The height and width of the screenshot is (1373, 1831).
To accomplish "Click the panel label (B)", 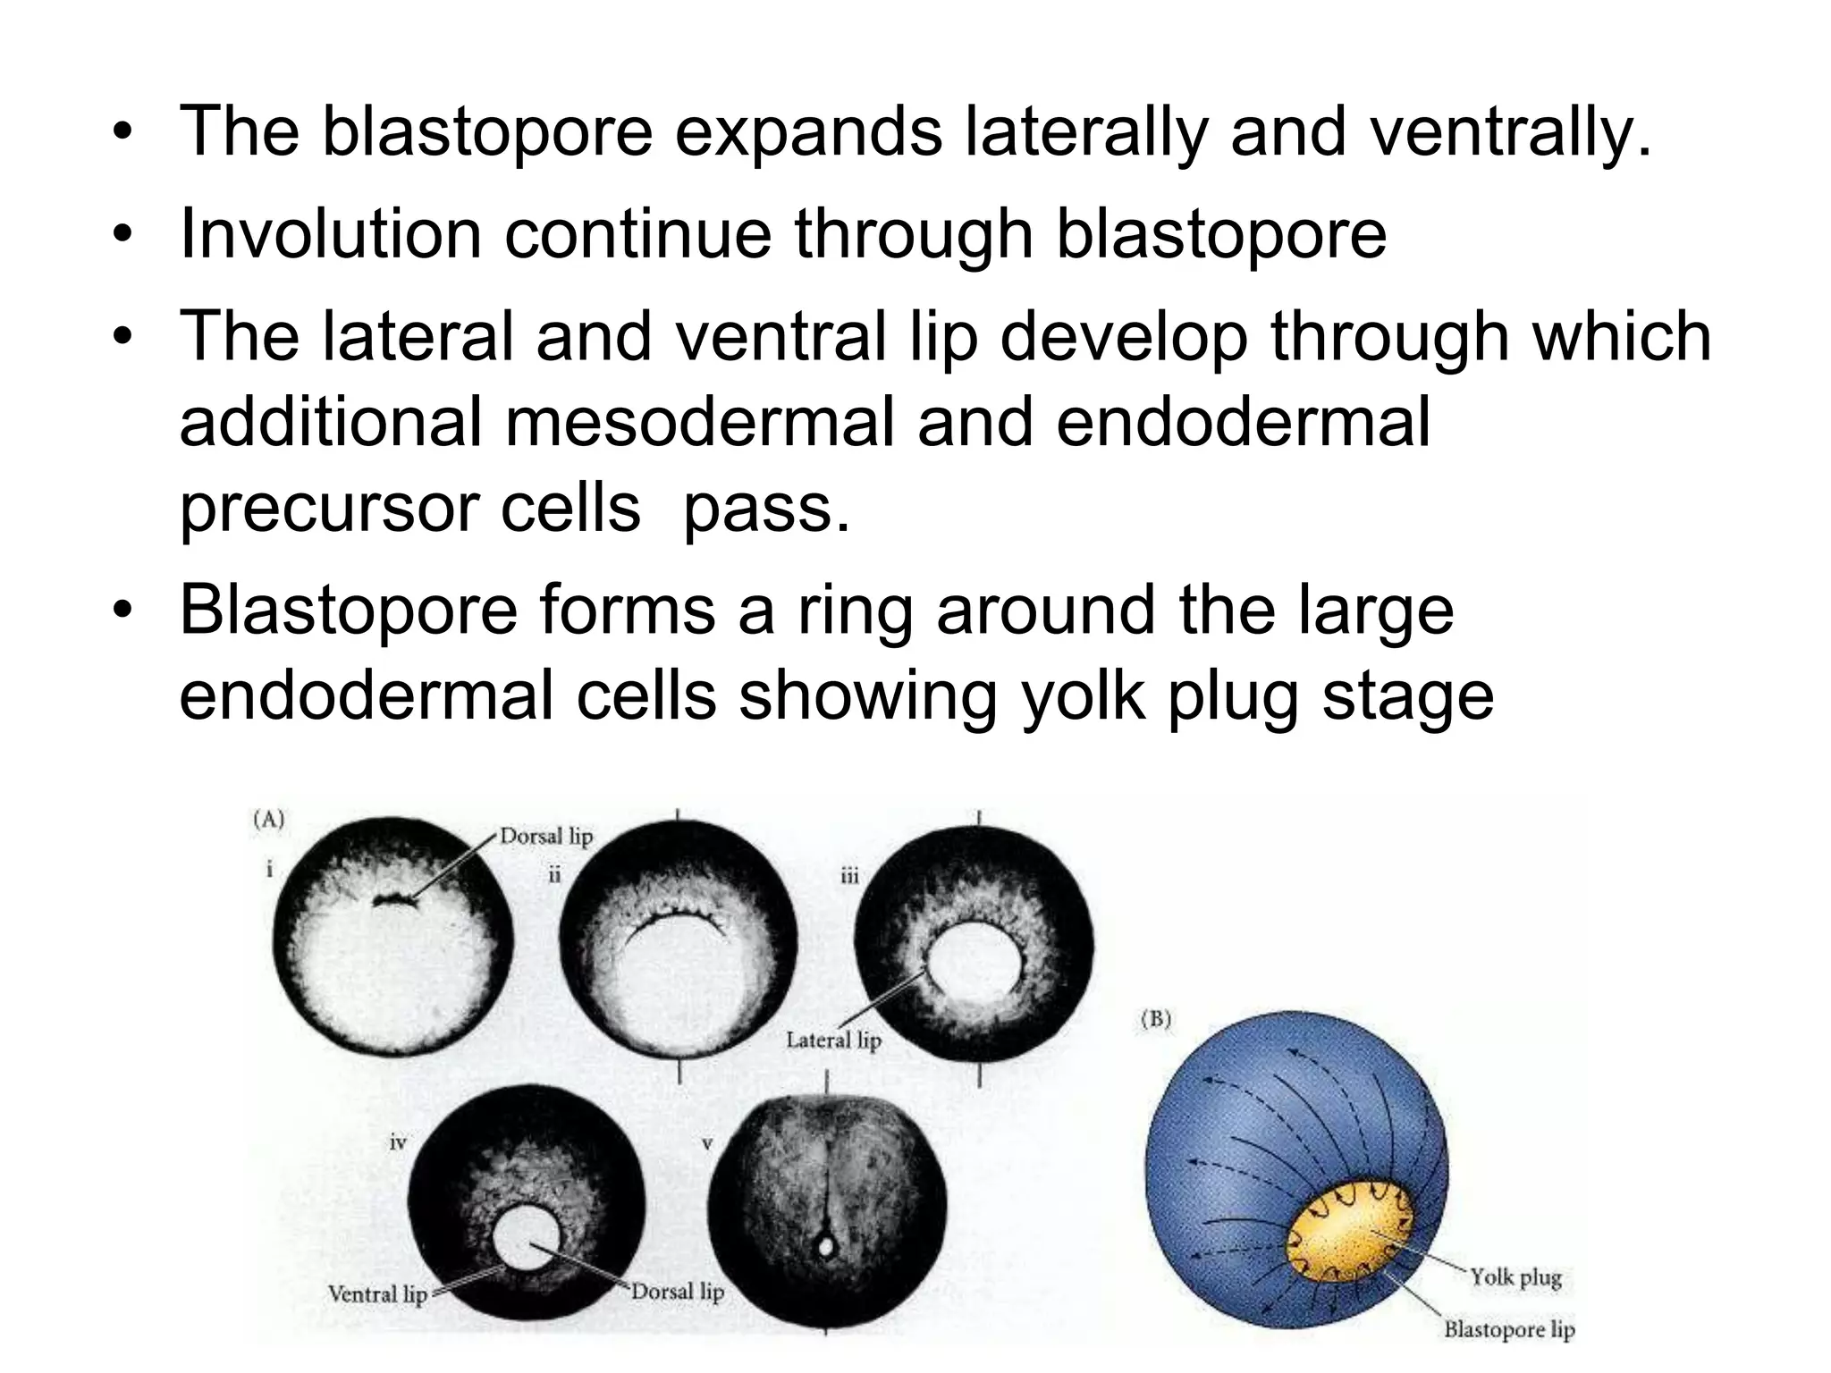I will (x=1156, y=1020).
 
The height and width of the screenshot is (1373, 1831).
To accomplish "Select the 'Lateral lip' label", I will (x=833, y=1040).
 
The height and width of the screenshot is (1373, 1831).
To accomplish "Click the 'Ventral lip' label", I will (x=377, y=1294).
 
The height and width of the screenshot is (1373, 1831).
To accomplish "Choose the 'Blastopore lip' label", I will (x=1509, y=1329).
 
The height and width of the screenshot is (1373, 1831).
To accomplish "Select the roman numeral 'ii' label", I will (x=554, y=874).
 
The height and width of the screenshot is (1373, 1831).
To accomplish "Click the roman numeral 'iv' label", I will (x=398, y=1142).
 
